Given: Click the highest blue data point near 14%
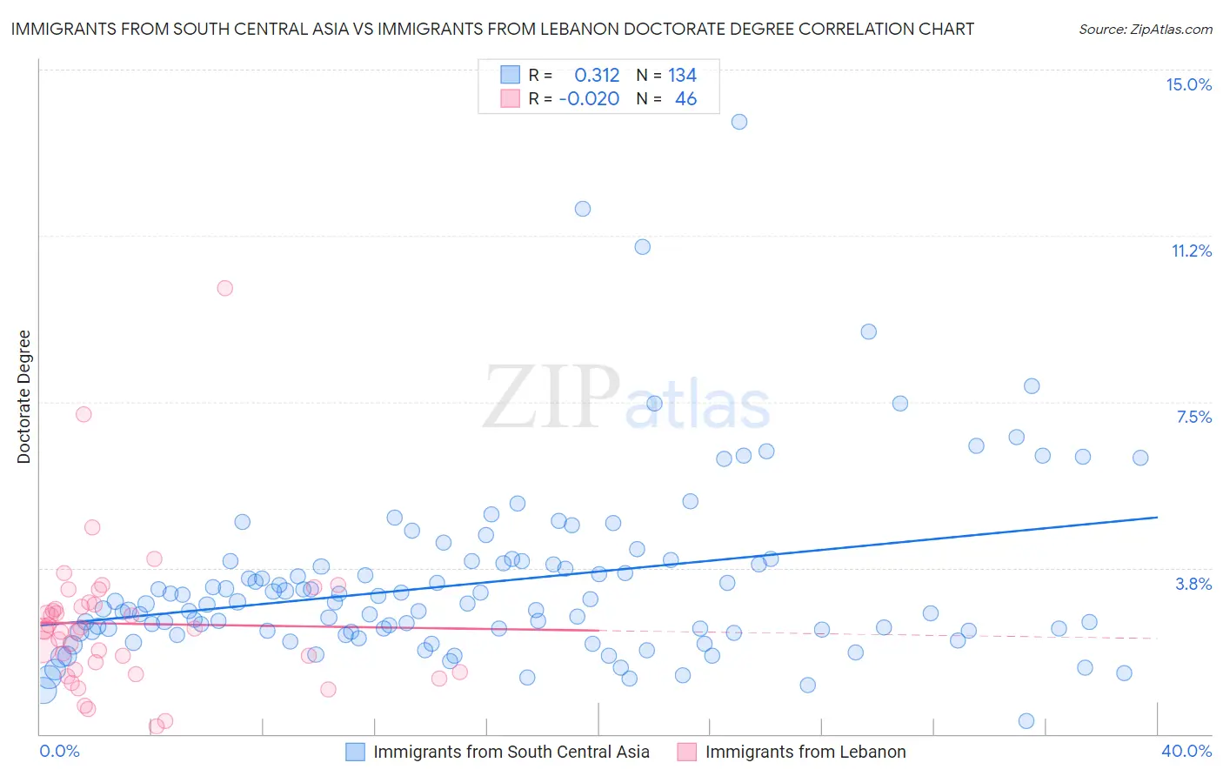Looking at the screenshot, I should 739,122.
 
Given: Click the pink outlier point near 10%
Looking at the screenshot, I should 225,288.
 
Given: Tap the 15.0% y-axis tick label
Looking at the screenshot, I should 1188,84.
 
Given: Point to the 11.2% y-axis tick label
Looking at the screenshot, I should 1191,251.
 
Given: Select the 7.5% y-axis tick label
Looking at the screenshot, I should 1193,417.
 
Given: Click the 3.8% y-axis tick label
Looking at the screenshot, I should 1193,584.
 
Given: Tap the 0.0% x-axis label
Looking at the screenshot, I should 59,751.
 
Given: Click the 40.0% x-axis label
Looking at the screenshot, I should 1186,751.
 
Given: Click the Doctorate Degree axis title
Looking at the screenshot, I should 23,397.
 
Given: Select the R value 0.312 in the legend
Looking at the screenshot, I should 597,76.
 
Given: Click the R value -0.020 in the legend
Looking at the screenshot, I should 589,99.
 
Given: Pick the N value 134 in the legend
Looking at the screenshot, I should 682,76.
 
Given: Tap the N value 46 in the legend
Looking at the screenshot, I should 685,99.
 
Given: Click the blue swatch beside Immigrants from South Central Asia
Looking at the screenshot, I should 355,752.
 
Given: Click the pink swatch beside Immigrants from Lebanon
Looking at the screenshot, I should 687,752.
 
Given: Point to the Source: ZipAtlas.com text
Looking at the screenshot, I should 1145,29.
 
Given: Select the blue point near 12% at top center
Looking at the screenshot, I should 583,209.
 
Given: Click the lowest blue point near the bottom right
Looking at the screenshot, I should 1026,721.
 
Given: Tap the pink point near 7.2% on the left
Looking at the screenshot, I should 84,414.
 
